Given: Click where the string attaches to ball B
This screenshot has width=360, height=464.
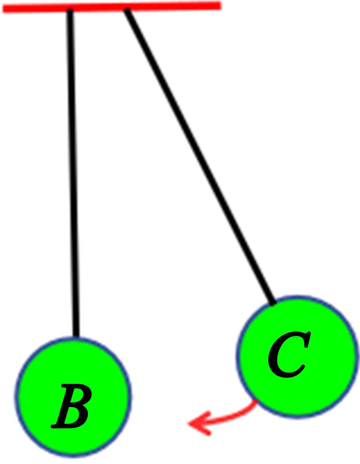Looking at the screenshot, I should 76,337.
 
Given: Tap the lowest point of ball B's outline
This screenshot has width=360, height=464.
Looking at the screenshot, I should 73,456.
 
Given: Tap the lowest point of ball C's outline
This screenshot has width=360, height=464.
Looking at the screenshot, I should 297,418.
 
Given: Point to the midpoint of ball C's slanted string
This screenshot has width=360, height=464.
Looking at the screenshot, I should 200,155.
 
